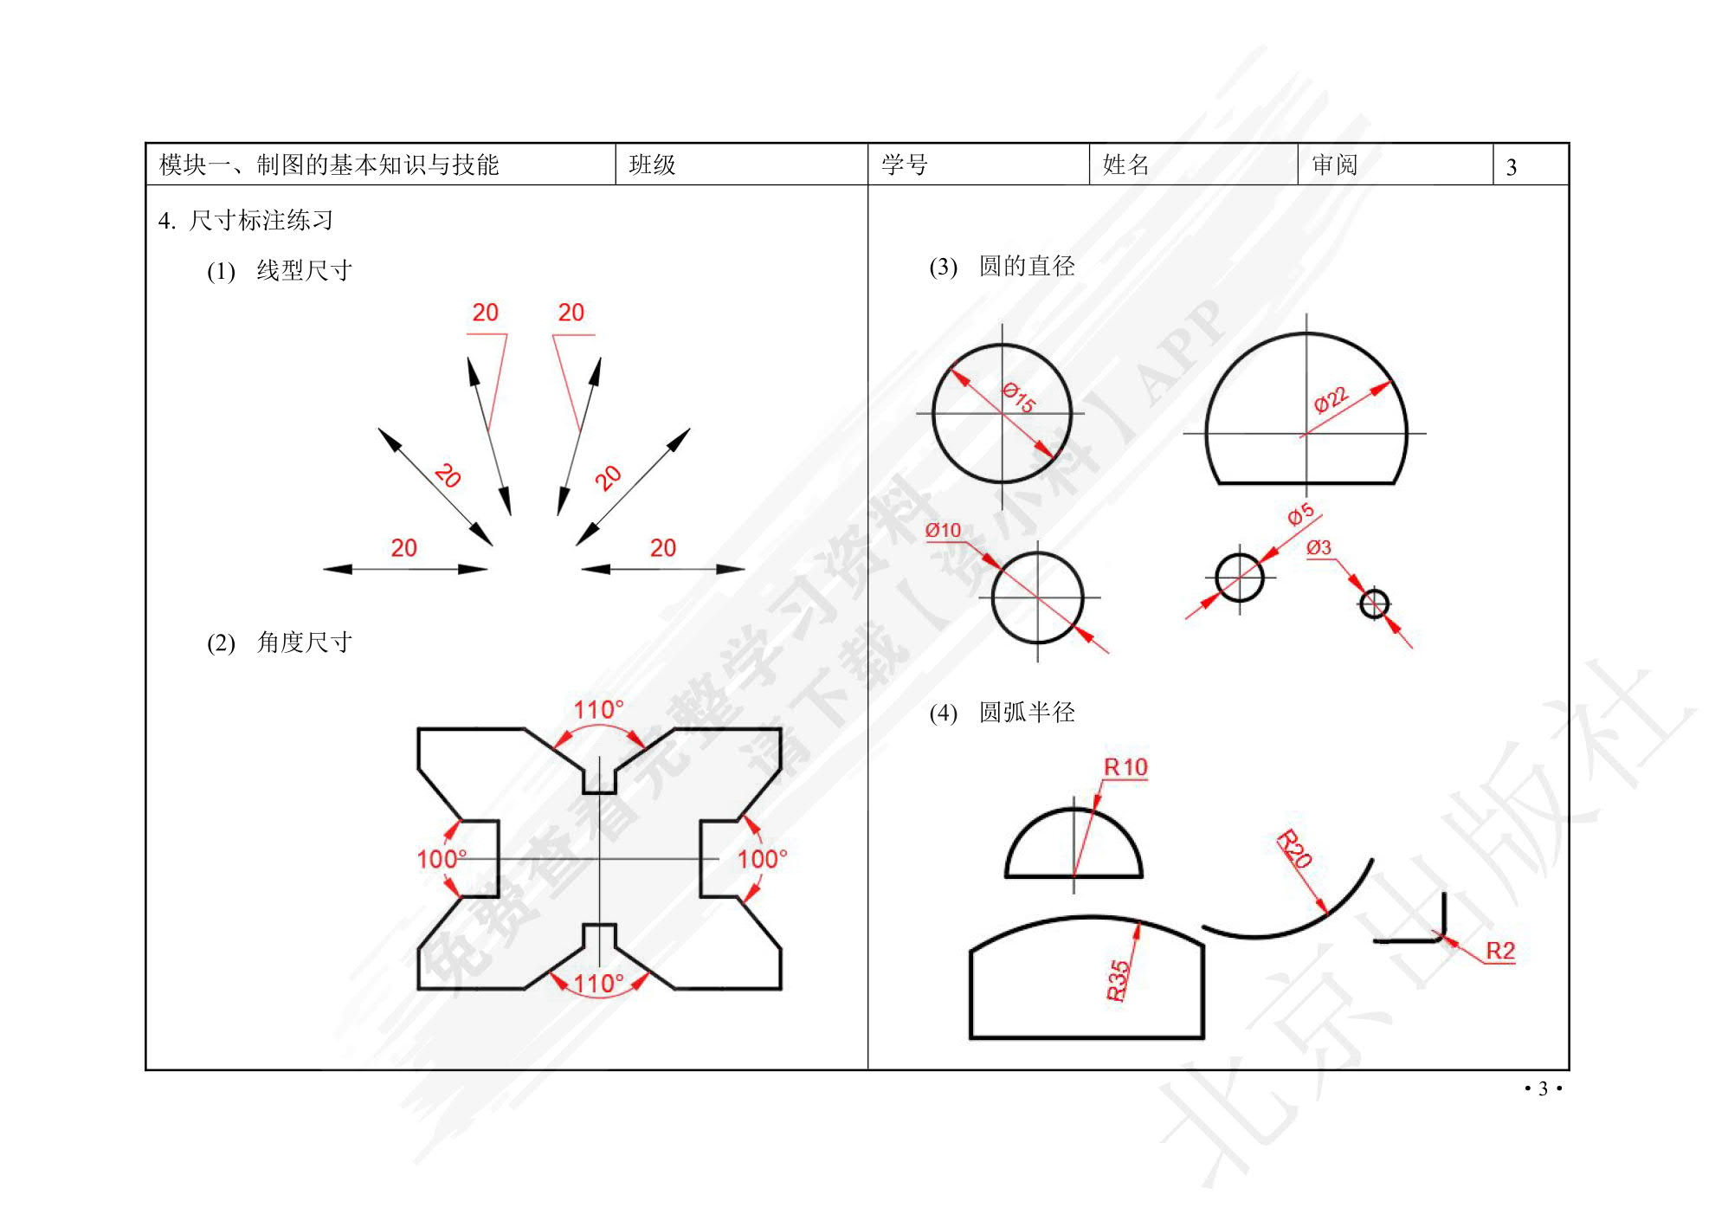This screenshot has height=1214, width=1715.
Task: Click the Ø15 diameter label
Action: point(1019,397)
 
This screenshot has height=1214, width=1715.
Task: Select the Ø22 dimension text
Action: point(1331,399)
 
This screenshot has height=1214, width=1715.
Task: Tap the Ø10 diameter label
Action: point(943,530)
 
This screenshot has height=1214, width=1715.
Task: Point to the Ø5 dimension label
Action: point(1300,515)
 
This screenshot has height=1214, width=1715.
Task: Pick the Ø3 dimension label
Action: point(1318,547)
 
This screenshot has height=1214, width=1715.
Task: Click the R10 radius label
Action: point(1125,767)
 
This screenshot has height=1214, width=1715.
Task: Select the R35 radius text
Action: point(1118,980)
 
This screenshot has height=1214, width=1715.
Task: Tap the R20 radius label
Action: point(1295,849)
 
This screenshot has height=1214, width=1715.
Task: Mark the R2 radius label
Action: point(1500,951)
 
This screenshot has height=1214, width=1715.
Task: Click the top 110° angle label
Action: point(598,710)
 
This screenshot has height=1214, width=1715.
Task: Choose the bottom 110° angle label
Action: point(598,984)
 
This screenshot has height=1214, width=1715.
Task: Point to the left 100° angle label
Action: point(442,859)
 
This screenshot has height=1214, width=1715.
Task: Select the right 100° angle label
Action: point(762,859)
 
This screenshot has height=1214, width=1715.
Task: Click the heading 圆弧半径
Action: point(1027,713)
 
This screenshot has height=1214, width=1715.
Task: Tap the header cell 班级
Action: point(652,165)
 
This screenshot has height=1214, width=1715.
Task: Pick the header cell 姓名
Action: point(1125,165)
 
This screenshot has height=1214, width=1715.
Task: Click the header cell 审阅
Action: point(1334,165)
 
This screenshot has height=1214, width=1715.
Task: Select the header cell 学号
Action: point(905,165)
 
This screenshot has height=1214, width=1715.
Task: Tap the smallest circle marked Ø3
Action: point(1374,604)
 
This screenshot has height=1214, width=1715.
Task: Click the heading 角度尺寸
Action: point(304,643)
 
